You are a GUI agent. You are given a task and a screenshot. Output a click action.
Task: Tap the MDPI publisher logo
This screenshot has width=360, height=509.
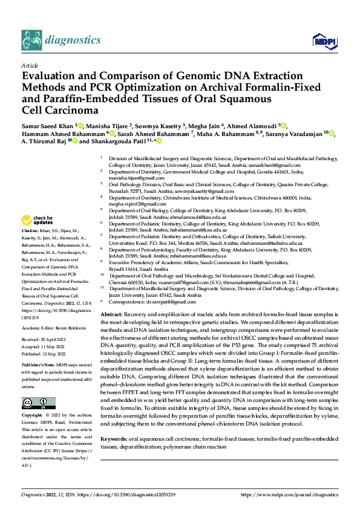tap(323, 41)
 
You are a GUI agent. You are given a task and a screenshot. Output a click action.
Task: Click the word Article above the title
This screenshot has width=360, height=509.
tap(30, 64)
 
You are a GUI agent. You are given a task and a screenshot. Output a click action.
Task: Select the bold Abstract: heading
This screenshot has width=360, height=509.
tap(112, 315)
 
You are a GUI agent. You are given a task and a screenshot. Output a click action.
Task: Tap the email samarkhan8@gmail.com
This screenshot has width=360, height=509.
tap(278, 165)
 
